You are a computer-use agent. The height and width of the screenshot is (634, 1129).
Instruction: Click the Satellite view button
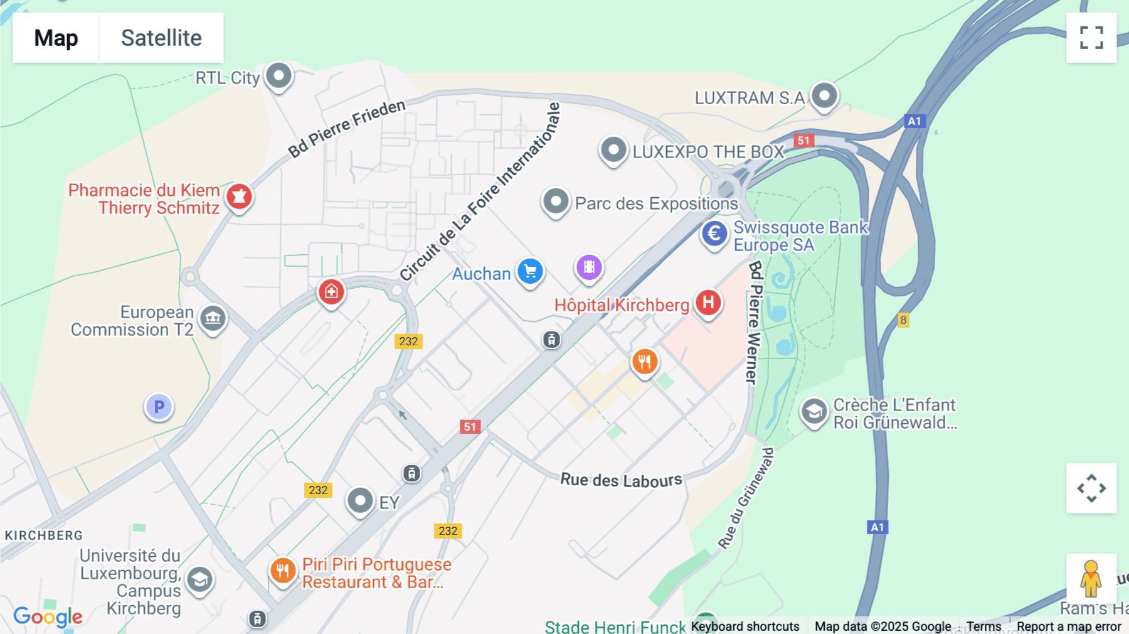point(161,38)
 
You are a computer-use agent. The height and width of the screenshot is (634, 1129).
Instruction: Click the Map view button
point(56,38)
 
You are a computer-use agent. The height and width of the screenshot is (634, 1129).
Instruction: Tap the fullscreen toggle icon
point(1091,38)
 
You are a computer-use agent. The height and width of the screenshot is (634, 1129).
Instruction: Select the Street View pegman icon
point(1091,579)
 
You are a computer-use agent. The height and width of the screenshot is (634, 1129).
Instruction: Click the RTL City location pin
point(279,77)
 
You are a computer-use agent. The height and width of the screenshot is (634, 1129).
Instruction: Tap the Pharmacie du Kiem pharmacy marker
point(239,197)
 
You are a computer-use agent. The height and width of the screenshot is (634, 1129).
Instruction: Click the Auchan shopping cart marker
point(531,272)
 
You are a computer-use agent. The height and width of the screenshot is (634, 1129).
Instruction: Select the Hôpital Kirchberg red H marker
point(708,303)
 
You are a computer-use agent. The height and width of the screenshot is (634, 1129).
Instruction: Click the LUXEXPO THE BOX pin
point(613,151)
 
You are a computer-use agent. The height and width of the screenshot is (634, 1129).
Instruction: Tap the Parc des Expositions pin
point(556,202)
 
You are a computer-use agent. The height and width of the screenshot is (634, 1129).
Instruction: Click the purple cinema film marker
point(589,267)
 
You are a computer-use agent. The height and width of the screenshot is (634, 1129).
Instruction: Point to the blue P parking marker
point(159,407)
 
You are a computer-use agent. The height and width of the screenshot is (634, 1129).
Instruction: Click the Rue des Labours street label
point(621,480)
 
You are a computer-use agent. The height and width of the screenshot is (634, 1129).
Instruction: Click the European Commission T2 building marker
point(213,319)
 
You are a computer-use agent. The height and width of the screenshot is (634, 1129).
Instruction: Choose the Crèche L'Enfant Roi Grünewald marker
point(814,412)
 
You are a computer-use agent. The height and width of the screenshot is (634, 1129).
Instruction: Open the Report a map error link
point(1069,626)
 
